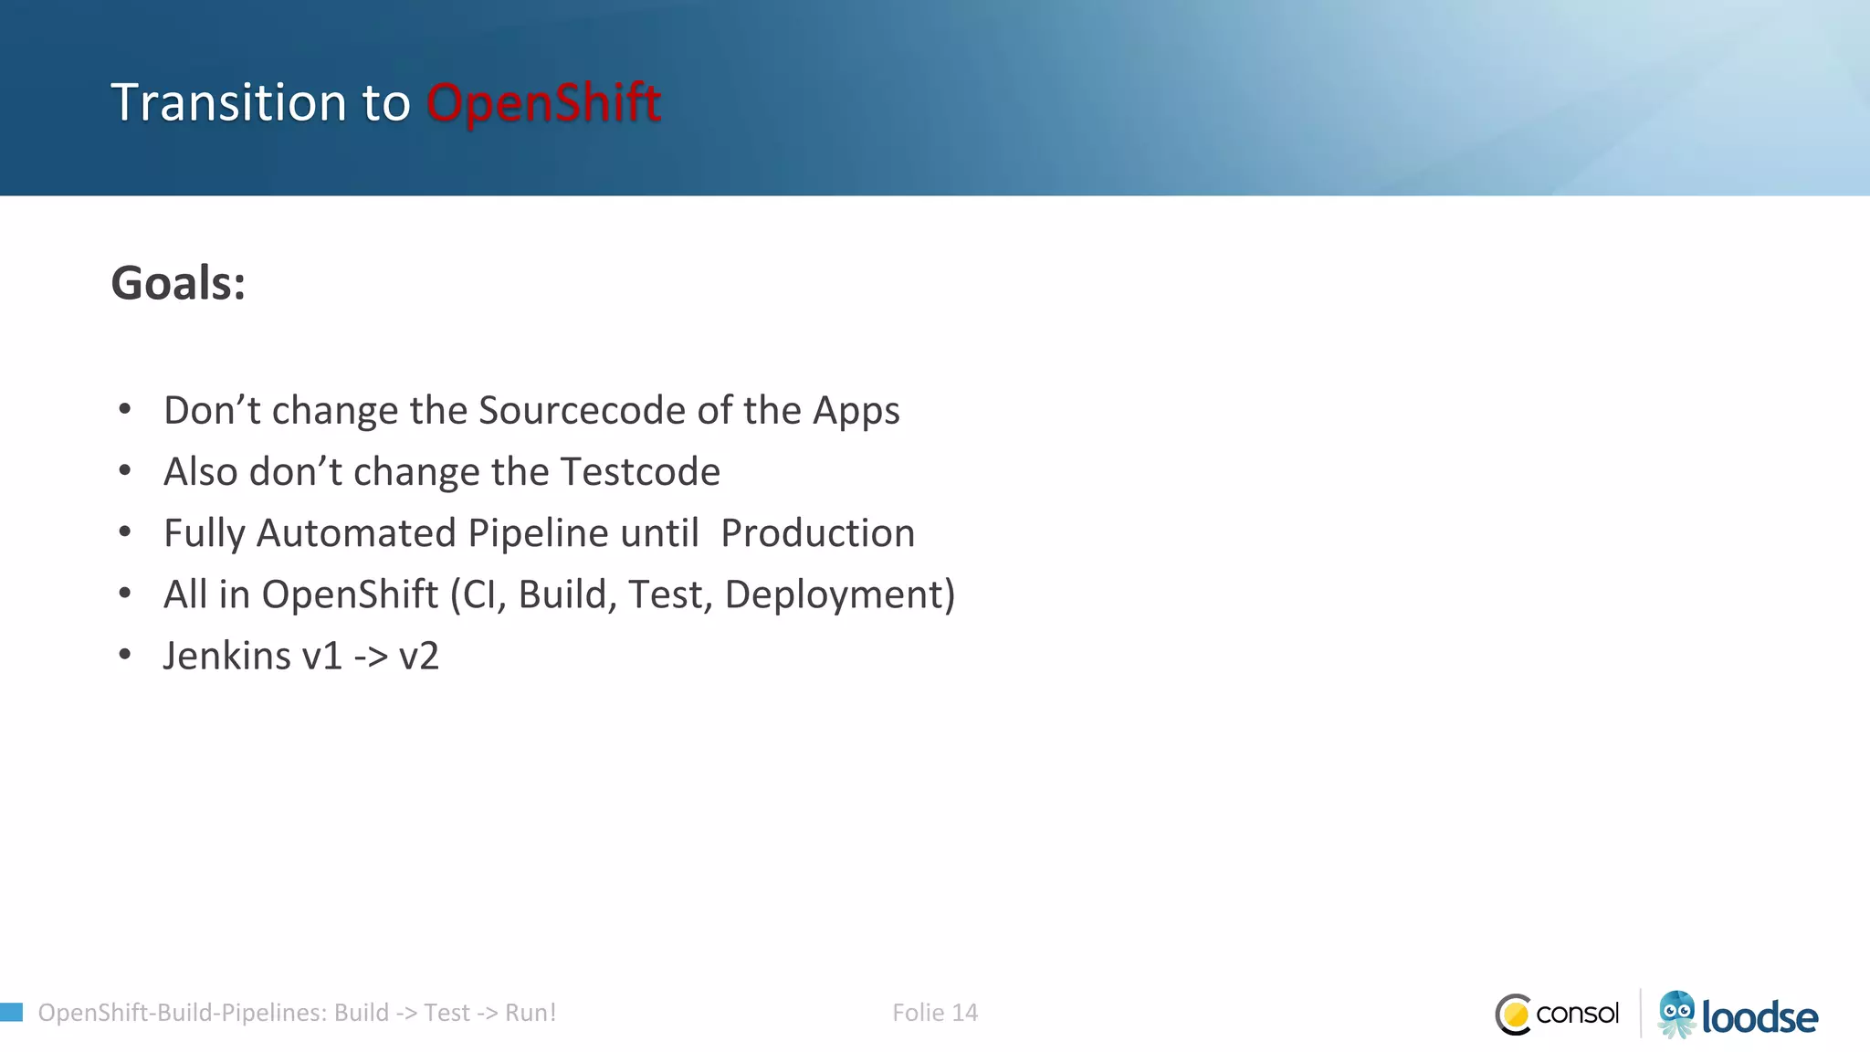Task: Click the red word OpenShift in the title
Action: (543, 102)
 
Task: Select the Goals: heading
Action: (178, 282)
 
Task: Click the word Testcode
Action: (640, 472)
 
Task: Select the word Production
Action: (817, 533)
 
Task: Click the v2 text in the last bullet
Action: (419, 657)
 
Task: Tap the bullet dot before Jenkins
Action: (125, 654)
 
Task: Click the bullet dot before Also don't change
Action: (125, 470)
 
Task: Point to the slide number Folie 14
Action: (934, 1013)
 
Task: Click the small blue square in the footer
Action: (11, 1012)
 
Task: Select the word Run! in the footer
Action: (531, 1013)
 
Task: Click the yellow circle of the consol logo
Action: (1516, 1015)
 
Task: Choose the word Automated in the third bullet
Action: (356, 533)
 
